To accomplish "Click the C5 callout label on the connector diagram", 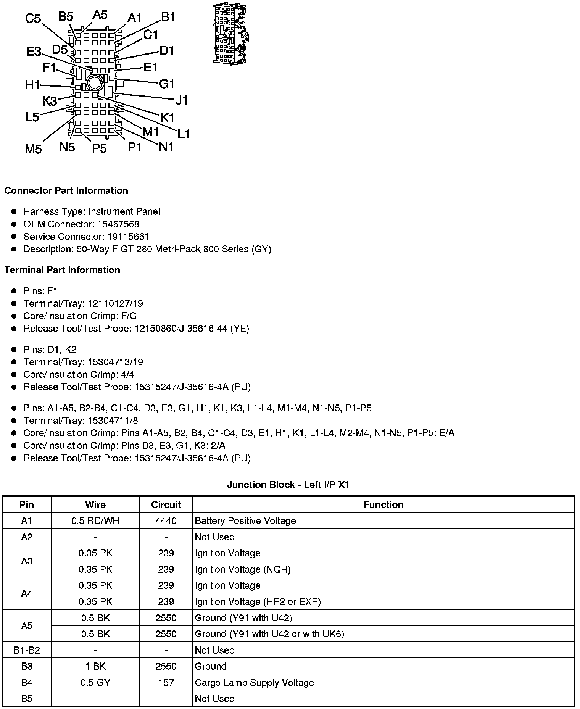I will tap(33, 18).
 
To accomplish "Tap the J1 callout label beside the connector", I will tap(182, 100).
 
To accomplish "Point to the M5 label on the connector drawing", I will tap(33, 149).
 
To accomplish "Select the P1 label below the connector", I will tap(134, 147).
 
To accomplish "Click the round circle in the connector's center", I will tap(94, 82).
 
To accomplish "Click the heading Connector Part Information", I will tap(66, 190).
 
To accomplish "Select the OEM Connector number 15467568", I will tap(118, 224).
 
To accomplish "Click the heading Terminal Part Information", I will tap(62, 270).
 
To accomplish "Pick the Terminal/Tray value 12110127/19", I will tap(115, 303).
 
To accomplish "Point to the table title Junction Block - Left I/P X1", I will tap(288, 485).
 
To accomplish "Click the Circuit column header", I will tap(166, 504).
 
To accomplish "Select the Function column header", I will tap(383, 504).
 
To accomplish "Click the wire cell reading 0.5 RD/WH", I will tap(95, 520).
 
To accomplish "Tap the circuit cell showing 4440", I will tap(166, 520).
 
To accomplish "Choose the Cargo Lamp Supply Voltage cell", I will tap(254, 682).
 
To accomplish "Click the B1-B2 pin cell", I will tap(27, 650).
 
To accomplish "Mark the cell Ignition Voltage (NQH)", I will tap(243, 569).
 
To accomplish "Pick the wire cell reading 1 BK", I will tap(95, 666).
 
